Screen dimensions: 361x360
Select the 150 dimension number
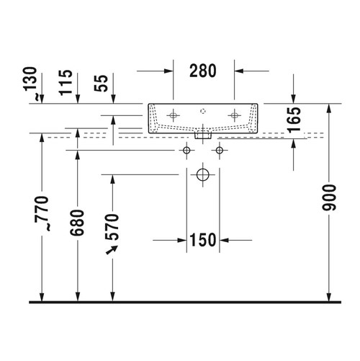click(203, 240)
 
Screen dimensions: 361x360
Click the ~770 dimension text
click(45, 213)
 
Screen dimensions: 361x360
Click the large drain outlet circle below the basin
click(203, 174)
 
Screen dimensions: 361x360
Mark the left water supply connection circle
click(186, 150)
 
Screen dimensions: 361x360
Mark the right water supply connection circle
click(219, 150)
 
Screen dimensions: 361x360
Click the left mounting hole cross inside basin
click(173, 115)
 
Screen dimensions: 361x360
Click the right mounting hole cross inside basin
click(233, 115)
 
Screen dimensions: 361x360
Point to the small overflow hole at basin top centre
click(203, 111)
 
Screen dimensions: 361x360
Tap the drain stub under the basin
click(203, 134)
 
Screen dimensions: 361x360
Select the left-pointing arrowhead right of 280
click(241, 71)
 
